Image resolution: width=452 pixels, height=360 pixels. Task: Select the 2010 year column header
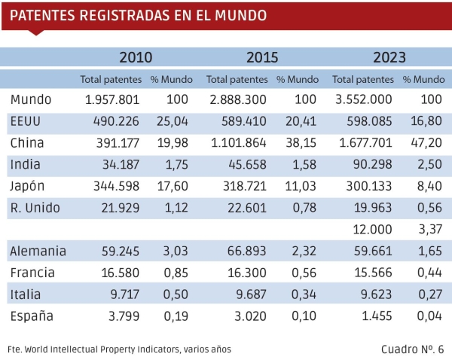tap(136, 57)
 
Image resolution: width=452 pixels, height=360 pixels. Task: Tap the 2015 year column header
tap(262, 57)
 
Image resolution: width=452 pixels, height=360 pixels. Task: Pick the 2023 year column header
tap(389, 57)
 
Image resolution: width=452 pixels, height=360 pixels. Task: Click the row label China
tap(28, 143)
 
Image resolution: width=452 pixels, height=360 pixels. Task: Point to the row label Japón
tap(30, 187)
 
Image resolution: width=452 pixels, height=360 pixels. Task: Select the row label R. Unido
tap(35, 209)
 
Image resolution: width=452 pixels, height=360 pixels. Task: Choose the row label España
tap(32, 316)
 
